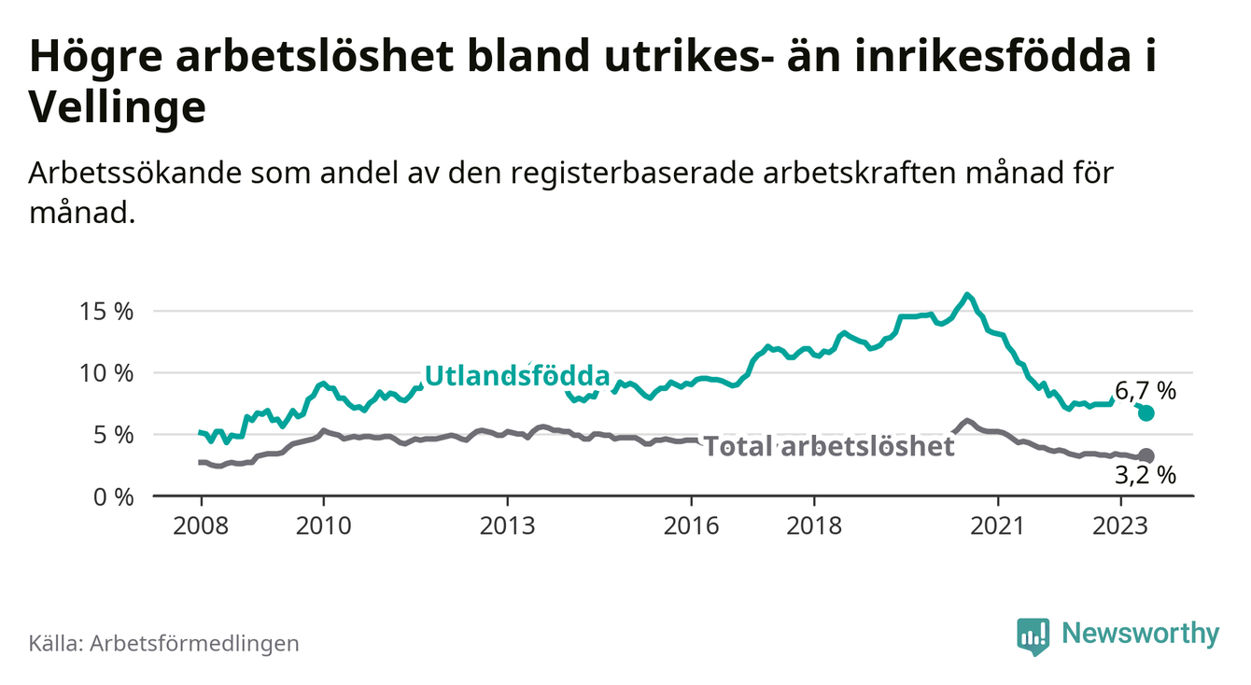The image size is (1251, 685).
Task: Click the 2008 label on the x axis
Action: [x=201, y=526]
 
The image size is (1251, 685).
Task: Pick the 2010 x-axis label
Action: [x=323, y=526]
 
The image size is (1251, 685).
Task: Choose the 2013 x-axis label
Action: [x=507, y=526]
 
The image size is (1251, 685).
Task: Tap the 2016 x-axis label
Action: [x=691, y=526]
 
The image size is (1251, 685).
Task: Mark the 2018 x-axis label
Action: [x=814, y=526]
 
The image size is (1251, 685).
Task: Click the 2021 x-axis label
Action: [x=997, y=526]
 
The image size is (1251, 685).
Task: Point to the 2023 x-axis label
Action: [x=1120, y=526]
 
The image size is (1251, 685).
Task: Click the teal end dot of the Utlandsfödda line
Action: [x=1146, y=412]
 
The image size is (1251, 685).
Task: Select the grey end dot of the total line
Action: [x=1146, y=455]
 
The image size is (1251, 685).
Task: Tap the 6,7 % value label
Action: [x=1146, y=391]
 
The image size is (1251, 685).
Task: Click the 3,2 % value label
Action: [x=1146, y=476]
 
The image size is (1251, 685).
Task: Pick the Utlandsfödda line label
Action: [x=516, y=376]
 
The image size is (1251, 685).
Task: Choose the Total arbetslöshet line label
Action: [x=829, y=446]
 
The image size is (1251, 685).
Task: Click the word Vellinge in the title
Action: [x=118, y=109]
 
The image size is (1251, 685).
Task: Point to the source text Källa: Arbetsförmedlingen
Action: [x=164, y=643]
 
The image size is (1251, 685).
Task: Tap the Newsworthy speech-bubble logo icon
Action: [x=1033, y=636]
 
